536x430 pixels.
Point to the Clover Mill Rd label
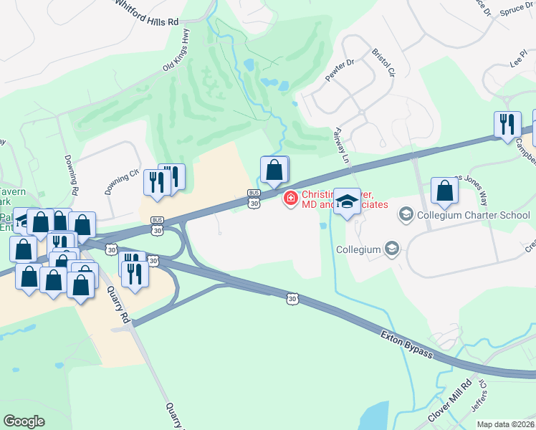pos(450,402)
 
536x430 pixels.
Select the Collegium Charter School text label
pos(475,214)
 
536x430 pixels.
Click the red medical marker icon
pos(291,198)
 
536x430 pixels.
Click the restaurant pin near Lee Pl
pos(507,123)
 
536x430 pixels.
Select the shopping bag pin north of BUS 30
pos(274,170)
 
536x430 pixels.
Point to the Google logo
pos(24,421)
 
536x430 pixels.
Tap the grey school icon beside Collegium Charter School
pos(406,214)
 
